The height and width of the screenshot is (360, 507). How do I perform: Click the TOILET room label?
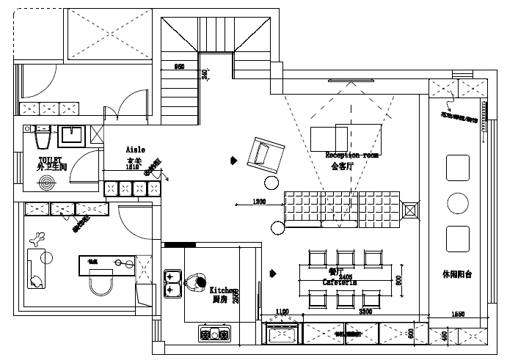tap(51, 159)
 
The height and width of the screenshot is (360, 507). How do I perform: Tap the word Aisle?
tap(136, 149)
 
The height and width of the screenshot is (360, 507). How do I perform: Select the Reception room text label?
tap(352, 155)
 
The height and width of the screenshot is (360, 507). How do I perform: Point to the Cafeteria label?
tap(340, 282)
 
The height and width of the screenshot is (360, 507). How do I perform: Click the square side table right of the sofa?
tap(411, 211)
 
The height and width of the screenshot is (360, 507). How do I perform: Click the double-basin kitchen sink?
tap(173, 283)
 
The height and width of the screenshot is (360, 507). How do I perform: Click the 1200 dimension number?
tap(258, 201)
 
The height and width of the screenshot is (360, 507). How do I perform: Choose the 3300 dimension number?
tap(365, 312)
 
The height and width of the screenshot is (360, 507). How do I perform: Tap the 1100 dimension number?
tap(282, 312)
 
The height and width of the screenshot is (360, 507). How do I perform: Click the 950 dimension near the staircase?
tap(178, 67)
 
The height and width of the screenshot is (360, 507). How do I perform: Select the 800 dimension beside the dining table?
tap(399, 280)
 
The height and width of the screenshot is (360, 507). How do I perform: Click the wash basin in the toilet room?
tap(71, 133)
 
